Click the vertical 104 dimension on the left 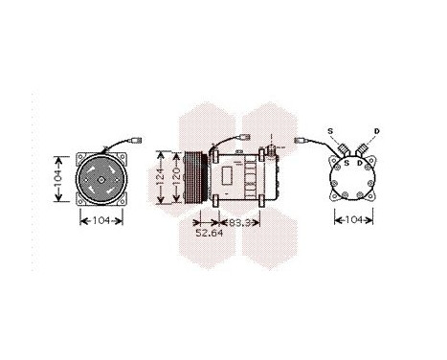(x=58, y=177)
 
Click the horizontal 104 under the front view (x=101, y=221)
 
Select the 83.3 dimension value (x=247, y=222)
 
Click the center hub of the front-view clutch (x=101, y=177)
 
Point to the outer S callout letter (x=330, y=129)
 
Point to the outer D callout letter (x=376, y=130)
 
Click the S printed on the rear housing (x=346, y=162)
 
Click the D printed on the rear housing (x=360, y=162)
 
